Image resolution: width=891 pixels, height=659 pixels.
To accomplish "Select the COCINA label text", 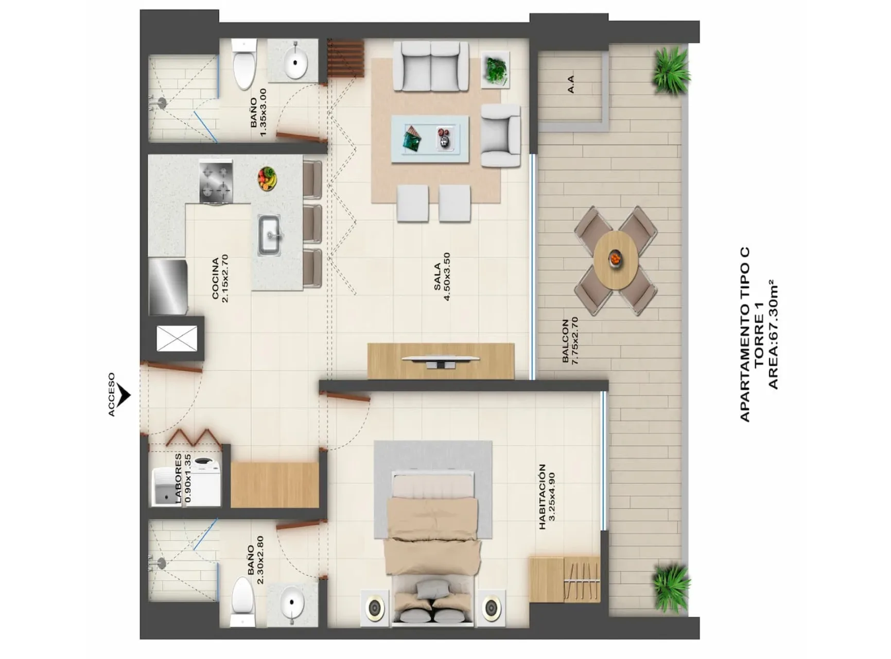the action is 216,278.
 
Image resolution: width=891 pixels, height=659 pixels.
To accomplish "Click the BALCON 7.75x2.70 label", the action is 570,341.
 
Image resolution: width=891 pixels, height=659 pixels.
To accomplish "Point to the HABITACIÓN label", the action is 542,497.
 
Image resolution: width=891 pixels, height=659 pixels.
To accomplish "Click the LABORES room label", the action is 178,478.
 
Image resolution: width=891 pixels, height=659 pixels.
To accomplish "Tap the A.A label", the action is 570,84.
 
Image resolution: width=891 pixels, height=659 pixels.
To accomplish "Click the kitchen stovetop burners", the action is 216,181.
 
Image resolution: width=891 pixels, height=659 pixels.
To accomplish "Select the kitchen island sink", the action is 269,235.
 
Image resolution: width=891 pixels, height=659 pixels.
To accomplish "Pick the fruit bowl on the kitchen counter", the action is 267,179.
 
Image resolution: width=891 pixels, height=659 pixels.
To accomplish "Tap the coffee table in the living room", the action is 430,139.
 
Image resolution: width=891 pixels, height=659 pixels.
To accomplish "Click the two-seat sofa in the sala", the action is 431,67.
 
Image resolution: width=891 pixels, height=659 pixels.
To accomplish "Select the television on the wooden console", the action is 441,361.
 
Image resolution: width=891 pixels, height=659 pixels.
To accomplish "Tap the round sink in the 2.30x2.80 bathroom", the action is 292,602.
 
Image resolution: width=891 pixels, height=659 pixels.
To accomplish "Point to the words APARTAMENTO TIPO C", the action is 745,335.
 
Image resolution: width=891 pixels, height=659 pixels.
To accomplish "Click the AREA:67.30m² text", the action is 773,335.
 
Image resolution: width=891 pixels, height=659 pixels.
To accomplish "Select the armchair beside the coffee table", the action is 500,135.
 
